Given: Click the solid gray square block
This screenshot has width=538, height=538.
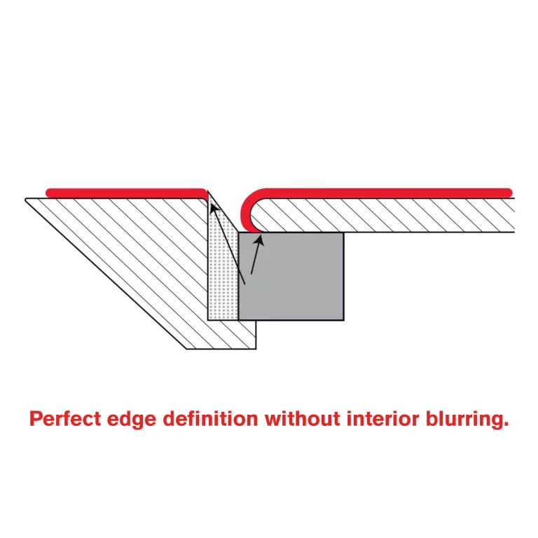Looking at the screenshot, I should coord(291,276).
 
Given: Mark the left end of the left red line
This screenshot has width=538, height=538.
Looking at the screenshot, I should coord(48,191).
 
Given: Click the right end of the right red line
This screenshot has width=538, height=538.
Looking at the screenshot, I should coord(509,191).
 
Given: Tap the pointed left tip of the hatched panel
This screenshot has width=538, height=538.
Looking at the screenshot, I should coord(27,200).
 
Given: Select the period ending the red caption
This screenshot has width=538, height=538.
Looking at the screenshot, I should coord(505,425).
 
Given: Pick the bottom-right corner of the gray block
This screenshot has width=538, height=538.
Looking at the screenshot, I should coord(343,319).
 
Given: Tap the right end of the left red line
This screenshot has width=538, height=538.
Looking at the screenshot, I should coord(204,191).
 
